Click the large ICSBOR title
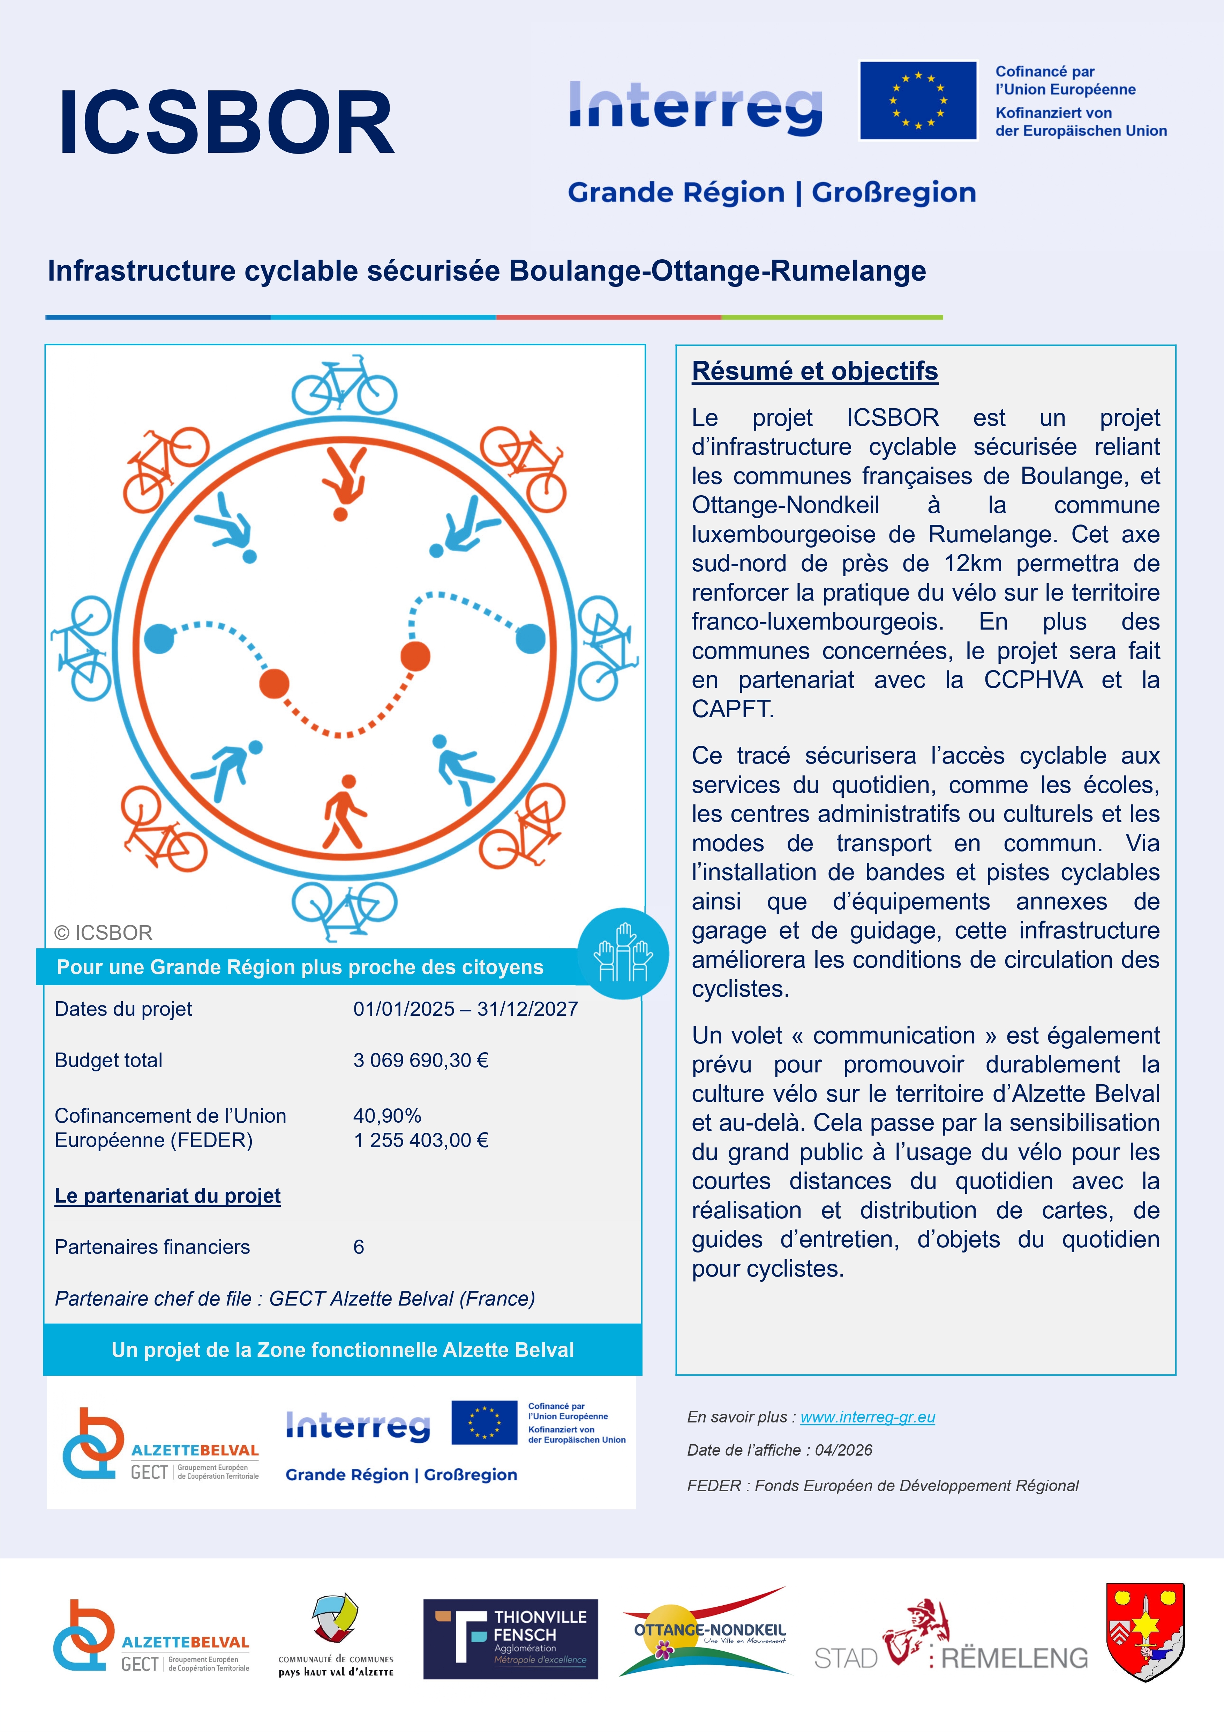(226, 123)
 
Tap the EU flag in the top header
(918, 100)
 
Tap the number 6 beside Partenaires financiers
(359, 1247)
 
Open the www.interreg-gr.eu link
(867, 1418)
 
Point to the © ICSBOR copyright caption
(103, 933)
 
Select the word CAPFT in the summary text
(732, 709)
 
